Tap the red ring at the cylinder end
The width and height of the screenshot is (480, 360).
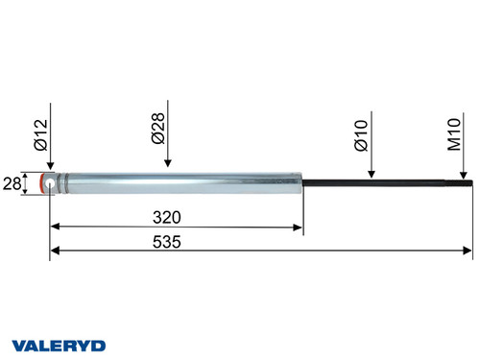[42, 182]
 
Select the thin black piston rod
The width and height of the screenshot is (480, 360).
[384, 182]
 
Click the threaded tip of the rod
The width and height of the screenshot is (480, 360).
[465, 182]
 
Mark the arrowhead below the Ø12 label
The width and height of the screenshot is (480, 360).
[50, 165]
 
